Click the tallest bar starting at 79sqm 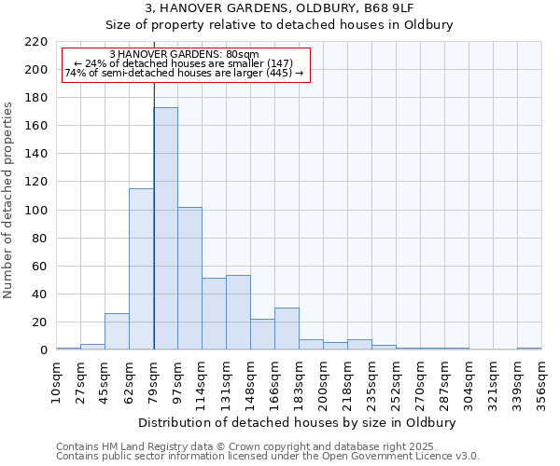165,228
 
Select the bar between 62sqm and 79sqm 141,269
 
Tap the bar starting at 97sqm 189,279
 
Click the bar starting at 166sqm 287,329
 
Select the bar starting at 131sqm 238,313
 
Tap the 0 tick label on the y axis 43,350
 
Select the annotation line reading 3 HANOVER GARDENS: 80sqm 184,55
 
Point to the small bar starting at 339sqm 529,349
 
